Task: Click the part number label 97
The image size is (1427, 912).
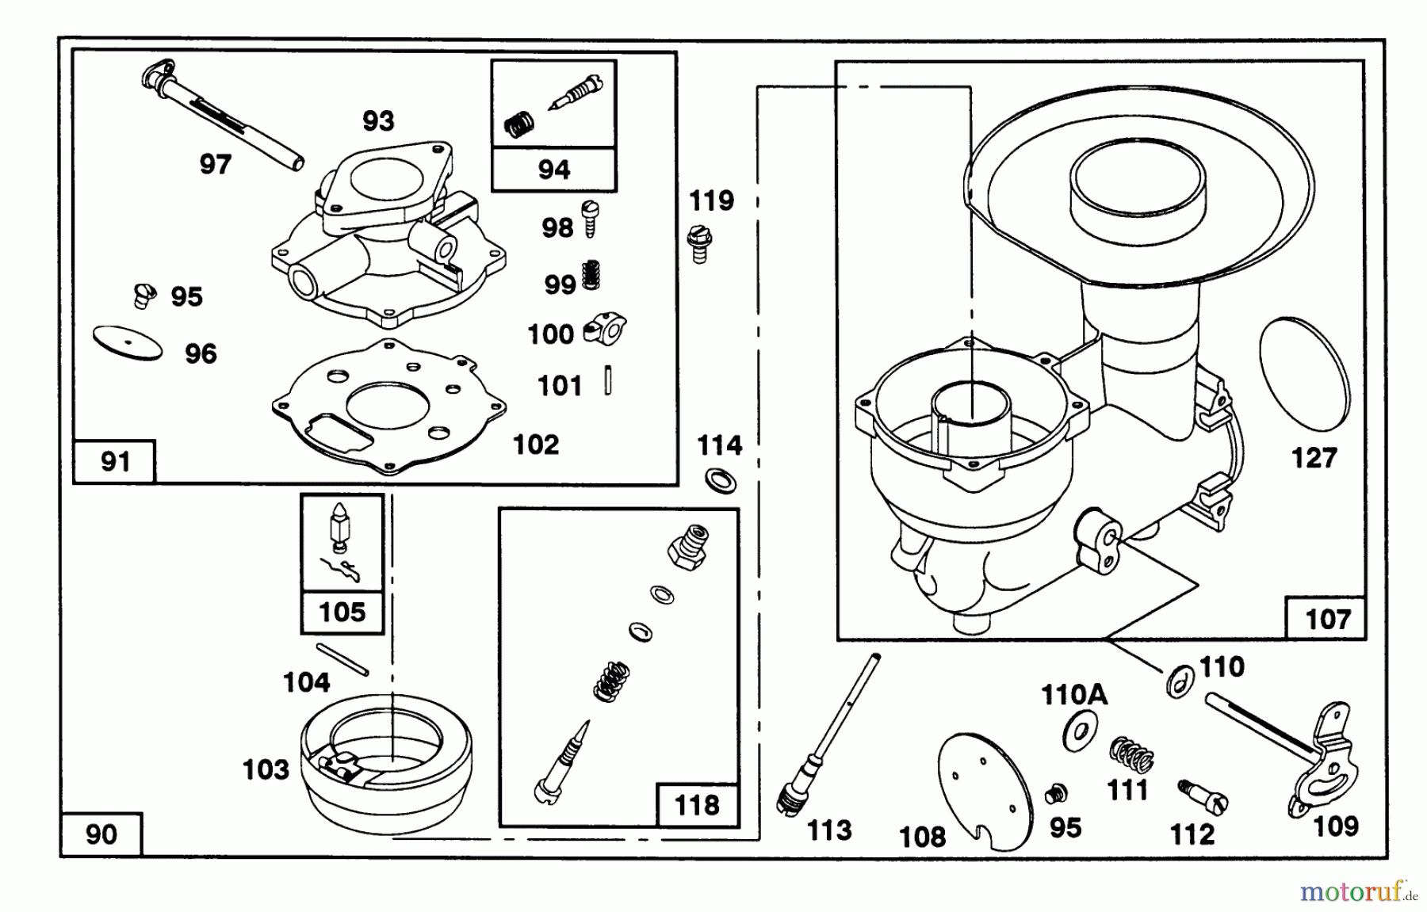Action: click(x=215, y=165)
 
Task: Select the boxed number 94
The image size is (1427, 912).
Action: click(x=553, y=169)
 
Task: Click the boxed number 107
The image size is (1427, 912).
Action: click(x=1327, y=618)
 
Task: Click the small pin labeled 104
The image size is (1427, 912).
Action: click(x=342, y=659)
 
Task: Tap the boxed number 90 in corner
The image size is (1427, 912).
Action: click(x=101, y=834)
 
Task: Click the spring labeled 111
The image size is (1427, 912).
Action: click(x=1131, y=754)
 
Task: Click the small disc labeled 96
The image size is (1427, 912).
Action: click(x=127, y=344)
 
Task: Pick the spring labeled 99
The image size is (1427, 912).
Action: click(x=591, y=275)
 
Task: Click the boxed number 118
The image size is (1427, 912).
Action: click(x=697, y=805)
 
